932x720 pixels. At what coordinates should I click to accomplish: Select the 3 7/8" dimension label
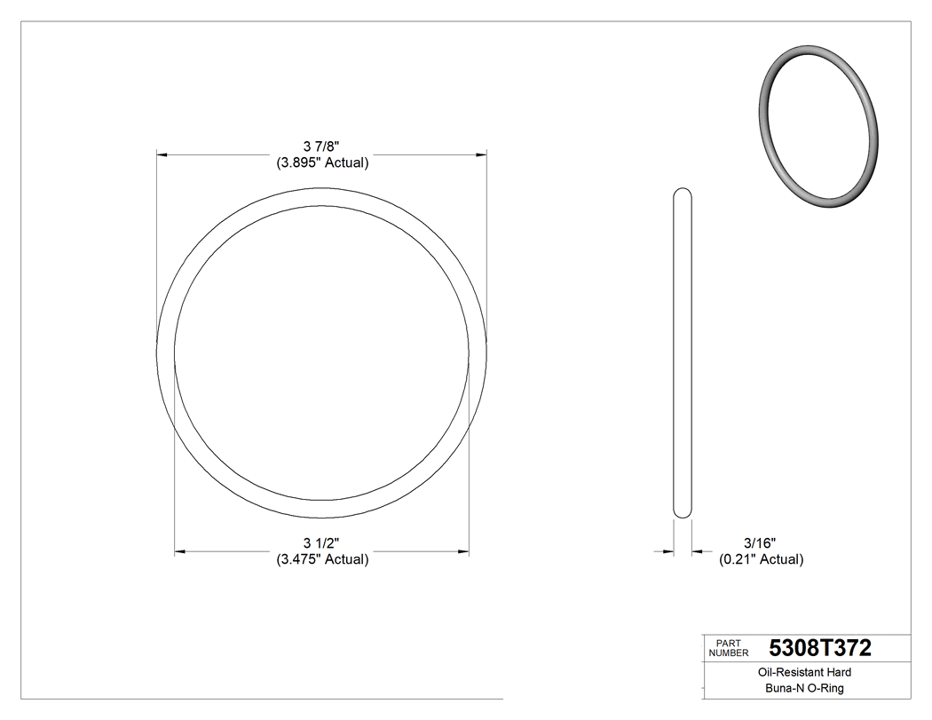[321, 146]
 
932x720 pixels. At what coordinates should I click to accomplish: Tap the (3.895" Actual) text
[321, 162]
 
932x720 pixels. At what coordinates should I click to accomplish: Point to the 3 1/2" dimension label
[321, 543]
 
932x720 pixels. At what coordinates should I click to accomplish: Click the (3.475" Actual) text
[321, 559]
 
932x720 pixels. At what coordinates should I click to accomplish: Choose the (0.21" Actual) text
[761, 559]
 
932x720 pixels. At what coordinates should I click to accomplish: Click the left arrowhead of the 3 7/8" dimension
[162, 155]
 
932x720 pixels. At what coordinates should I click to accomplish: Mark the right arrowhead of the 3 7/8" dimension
[482, 155]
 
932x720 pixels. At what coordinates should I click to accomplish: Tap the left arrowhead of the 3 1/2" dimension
[179, 552]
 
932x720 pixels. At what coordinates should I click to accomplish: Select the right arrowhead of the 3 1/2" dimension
[464, 552]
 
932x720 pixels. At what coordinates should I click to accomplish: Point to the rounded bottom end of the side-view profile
[683, 514]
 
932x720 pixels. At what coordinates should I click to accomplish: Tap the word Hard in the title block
[839, 673]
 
